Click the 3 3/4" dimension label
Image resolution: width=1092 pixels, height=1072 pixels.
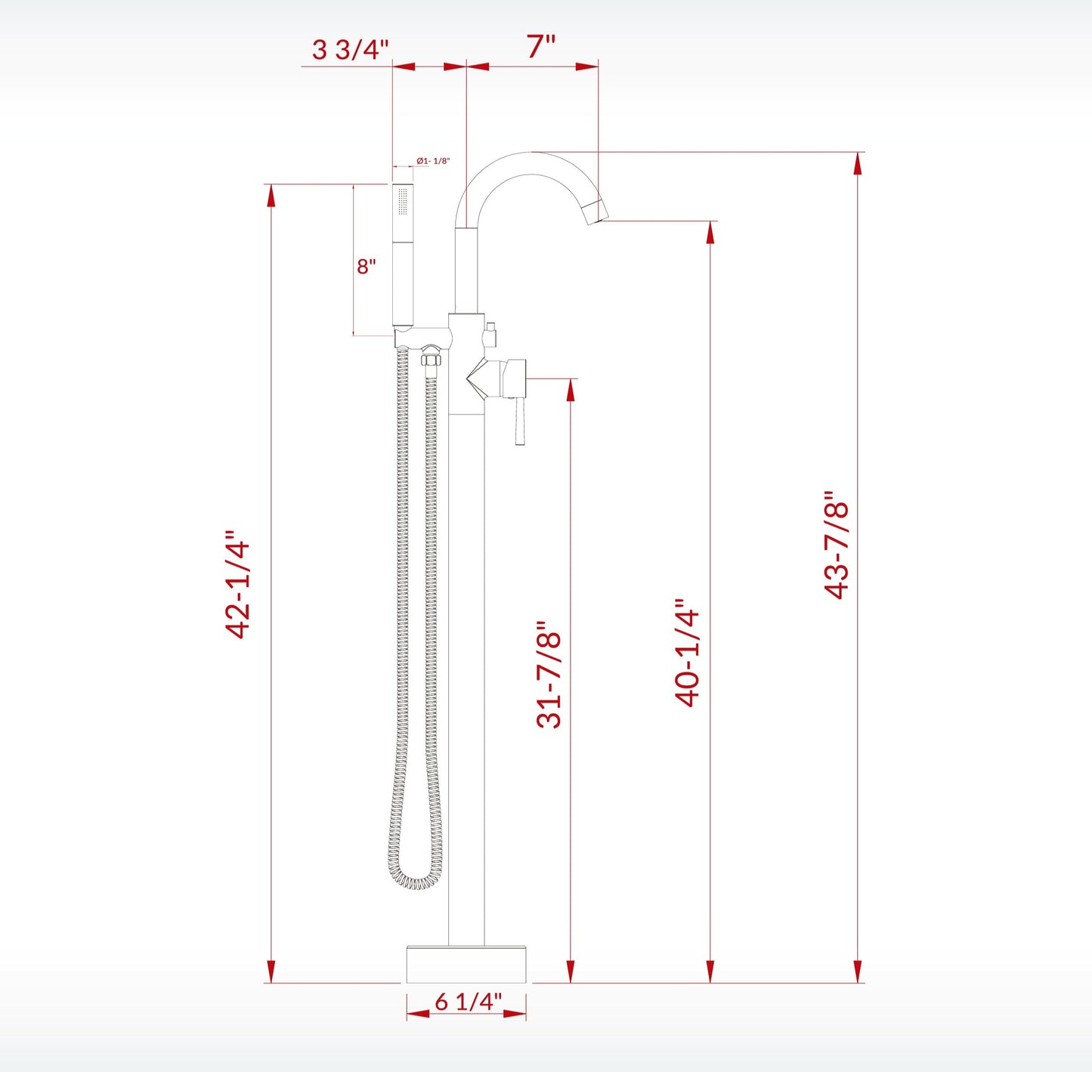[350, 50]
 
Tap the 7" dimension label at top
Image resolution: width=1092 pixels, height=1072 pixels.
[540, 47]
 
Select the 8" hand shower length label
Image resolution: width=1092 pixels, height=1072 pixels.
[367, 267]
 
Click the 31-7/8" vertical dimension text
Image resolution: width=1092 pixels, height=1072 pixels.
[549, 675]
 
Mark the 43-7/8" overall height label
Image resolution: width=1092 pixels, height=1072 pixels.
[837, 545]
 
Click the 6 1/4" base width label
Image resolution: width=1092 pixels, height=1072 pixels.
[468, 1002]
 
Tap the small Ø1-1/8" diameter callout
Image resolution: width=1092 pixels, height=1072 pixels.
[433, 161]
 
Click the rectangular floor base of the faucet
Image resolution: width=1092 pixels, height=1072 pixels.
[466, 964]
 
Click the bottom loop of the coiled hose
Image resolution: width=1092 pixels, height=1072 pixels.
[415, 880]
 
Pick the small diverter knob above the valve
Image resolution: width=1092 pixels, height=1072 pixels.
[490, 333]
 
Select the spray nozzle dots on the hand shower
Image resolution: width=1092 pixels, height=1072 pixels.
[403, 204]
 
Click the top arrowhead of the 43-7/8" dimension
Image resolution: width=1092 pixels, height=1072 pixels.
[858, 164]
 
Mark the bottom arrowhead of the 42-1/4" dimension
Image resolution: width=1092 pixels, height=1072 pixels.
[271, 972]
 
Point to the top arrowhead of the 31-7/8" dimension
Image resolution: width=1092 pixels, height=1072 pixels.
[571, 390]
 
